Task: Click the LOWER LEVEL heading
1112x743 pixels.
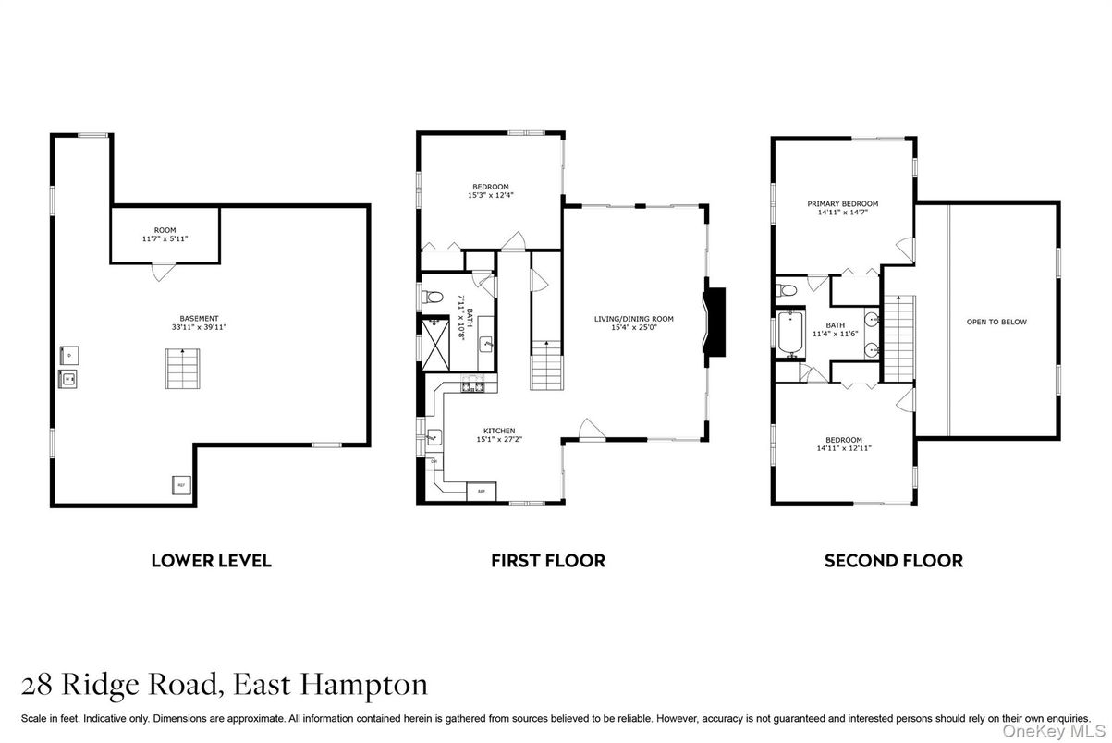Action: (x=211, y=560)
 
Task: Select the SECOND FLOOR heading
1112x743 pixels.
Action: (x=893, y=560)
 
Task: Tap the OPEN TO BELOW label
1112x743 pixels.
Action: (x=996, y=322)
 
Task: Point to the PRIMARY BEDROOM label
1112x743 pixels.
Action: (x=842, y=203)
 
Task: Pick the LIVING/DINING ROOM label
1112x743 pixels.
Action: (x=633, y=319)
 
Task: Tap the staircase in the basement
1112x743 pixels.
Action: (x=184, y=369)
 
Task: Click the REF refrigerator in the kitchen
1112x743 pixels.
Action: (x=481, y=492)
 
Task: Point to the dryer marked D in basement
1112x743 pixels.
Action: (x=67, y=352)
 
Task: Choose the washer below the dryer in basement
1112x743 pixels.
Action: (x=67, y=377)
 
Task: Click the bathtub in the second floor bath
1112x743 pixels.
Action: (x=789, y=335)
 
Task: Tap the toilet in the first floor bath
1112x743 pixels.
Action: (x=434, y=298)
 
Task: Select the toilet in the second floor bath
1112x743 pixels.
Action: (x=788, y=291)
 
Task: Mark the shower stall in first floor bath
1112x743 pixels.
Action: (x=432, y=340)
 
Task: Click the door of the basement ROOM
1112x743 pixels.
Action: (x=164, y=272)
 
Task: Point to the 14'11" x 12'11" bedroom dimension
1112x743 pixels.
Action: (x=844, y=448)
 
